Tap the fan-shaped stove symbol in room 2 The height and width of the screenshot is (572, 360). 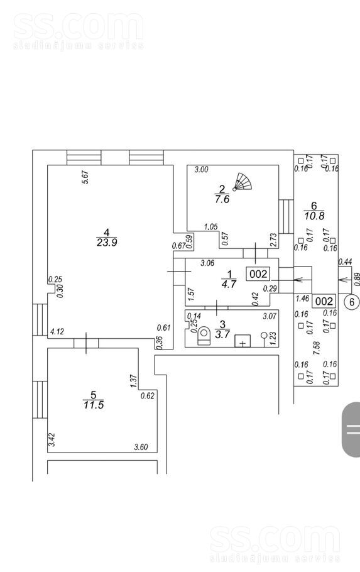[243, 182]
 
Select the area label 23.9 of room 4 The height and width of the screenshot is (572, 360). [107, 243]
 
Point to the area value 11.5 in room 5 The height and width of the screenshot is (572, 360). [94, 405]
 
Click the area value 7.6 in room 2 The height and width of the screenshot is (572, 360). [222, 199]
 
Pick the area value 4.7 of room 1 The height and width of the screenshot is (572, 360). [229, 284]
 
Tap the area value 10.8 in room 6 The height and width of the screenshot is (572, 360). [314, 216]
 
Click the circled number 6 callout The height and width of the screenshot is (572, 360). [352, 302]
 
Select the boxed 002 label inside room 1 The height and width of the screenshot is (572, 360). [258, 273]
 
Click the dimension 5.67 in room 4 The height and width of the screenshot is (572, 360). [86, 177]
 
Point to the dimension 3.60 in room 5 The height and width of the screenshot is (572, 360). [141, 447]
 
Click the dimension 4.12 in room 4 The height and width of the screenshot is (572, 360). [57, 332]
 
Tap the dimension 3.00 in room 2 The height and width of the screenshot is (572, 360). [201, 169]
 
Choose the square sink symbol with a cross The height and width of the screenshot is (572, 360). [243, 341]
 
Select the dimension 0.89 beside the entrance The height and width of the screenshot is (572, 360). [357, 280]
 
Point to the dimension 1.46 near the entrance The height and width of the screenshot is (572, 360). [302, 299]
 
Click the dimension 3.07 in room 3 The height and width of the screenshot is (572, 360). [270, 316]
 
